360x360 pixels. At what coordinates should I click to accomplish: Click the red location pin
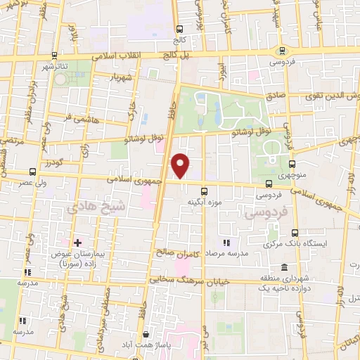click(x=181, y=166)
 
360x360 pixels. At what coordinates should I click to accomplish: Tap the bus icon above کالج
click(x=179, y=30)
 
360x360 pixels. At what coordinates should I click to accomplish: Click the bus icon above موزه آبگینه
click(x=205, y=191)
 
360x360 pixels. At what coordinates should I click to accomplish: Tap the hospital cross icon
click(x=77, y=242)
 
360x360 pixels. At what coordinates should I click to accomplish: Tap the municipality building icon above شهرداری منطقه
click(x=283, y=267)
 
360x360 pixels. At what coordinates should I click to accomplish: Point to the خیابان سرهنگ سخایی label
click(x=179, y=279)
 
